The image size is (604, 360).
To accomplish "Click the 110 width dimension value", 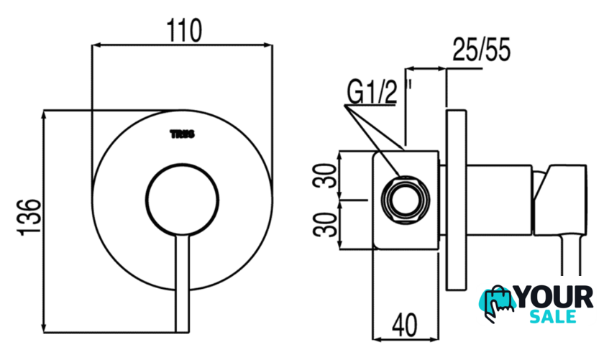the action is [184, 30].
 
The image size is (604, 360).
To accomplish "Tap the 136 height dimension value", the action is [29, 217].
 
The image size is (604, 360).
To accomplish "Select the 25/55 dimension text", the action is [481, 50].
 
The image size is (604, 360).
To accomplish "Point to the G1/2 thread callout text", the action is [372, 91].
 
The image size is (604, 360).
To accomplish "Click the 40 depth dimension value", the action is [404, 325].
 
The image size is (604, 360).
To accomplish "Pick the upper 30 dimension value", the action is [324, 175].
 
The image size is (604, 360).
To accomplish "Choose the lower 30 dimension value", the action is [324, 224].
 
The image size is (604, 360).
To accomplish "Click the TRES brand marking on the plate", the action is [183, 134].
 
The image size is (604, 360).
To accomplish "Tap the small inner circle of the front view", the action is [183, 200].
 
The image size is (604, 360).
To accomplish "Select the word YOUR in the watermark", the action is [554, 297].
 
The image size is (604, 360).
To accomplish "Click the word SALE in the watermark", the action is [553, 316].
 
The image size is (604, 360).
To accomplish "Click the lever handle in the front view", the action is [183, 283].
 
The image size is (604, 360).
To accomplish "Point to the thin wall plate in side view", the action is [457, 200].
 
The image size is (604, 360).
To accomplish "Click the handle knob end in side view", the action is [560, 200].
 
